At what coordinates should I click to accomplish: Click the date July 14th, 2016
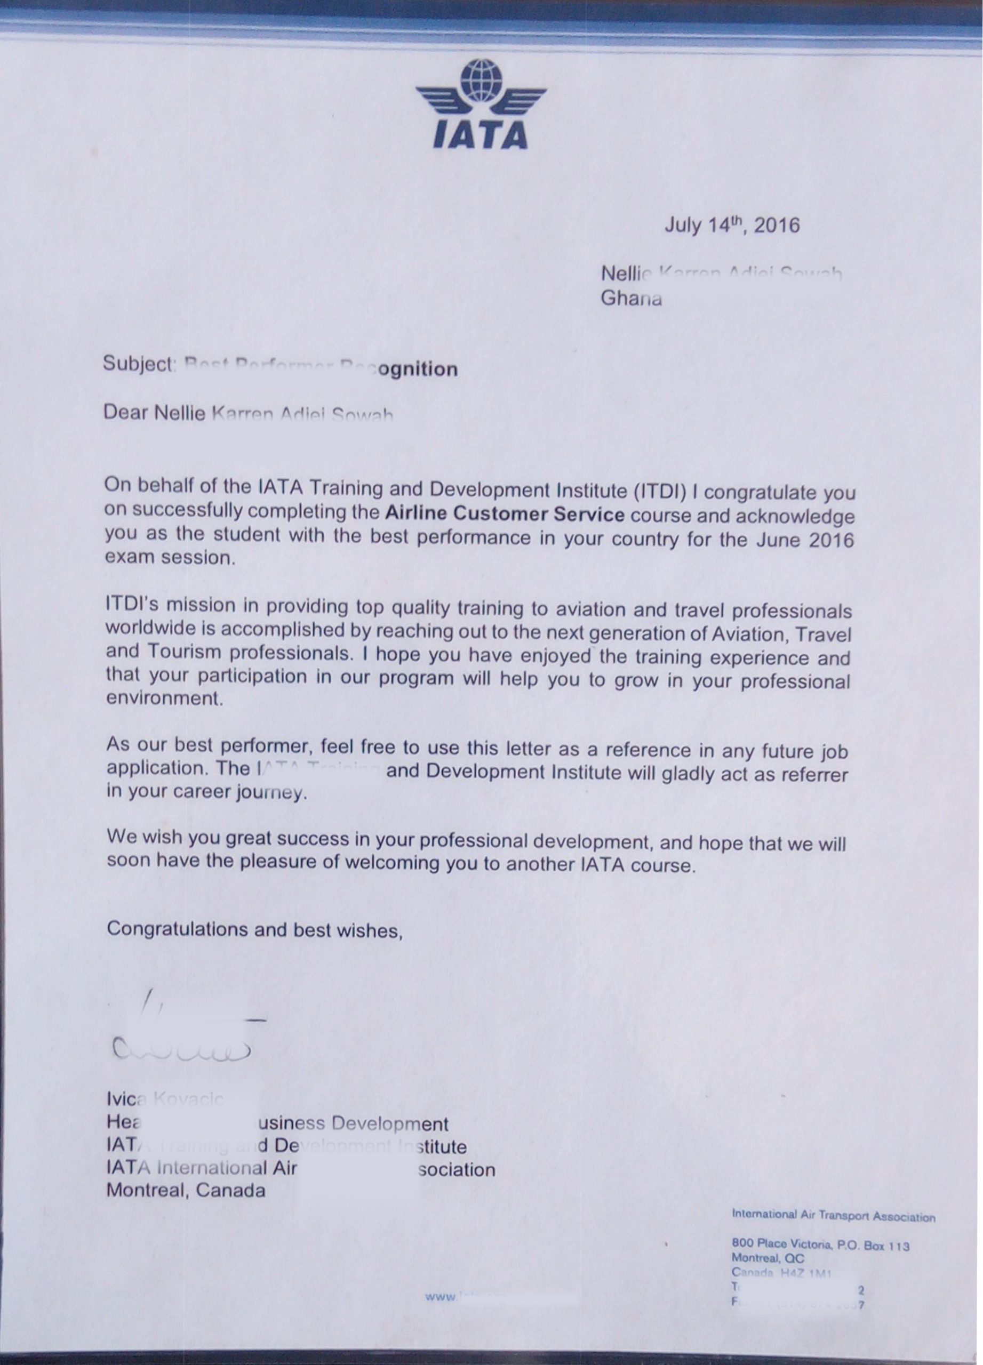[x=731, y=226]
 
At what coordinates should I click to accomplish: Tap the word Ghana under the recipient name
[x=631, y=299]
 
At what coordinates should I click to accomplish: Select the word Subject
[x=138, y=364]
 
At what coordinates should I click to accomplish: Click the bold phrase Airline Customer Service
[x=505, y=514]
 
